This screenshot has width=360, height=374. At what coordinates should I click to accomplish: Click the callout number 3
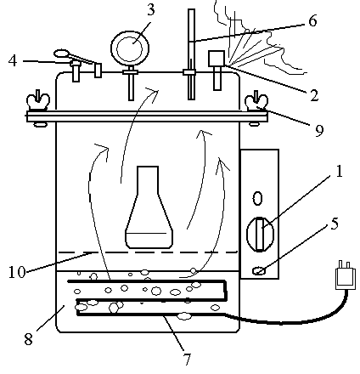[x=151, y=10]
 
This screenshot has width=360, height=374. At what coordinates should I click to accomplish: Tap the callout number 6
[x=312, y=20]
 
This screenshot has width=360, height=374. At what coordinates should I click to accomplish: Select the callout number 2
[x=314, y=95]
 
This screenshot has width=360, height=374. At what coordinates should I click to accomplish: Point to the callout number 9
[x=319, y=131]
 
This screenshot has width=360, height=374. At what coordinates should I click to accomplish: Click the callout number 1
[x=339, y=171]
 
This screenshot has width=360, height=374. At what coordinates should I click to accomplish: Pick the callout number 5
[x=335, y=224]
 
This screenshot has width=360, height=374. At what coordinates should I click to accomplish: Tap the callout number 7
[x=187, y=360]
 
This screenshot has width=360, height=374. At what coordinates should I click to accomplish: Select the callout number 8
[x=28, y=339]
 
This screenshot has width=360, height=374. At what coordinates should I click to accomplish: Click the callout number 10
[x=17, y=272]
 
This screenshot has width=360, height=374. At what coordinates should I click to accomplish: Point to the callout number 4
[x=13, y=60]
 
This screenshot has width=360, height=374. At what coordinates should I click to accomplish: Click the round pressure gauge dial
[x=130, y=48]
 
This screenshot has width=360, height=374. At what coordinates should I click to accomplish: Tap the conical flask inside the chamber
[x=149, y=207]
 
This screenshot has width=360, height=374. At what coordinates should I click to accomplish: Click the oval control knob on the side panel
[x=260, y=234]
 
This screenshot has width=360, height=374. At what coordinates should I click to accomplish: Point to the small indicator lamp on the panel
[x=259, y=271]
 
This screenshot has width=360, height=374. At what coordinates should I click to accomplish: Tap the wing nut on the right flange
[x=256, y=101]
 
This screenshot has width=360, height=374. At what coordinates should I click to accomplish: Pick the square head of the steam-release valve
[x=217, y=59]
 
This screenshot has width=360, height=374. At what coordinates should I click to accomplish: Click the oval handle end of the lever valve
[x=61, y=53]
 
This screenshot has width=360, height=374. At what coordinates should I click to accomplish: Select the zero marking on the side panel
[x=257, y=198]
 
